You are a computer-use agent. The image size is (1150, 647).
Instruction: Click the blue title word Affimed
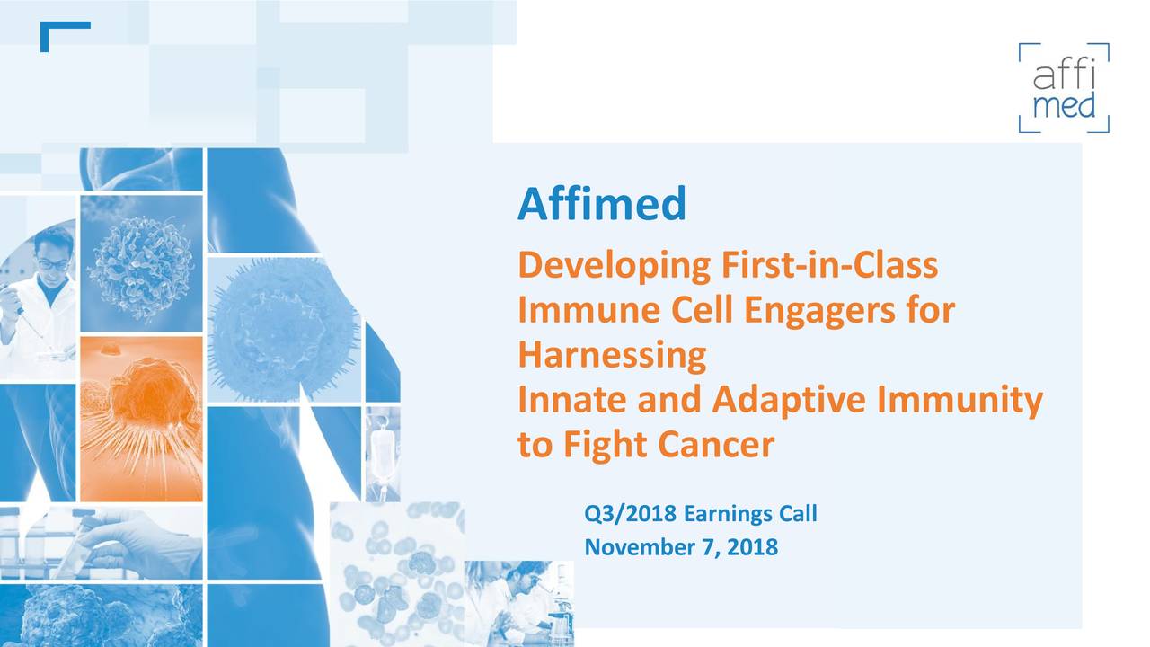(x=601, y=204)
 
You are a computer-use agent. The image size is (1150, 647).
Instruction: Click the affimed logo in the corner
(x=1064, y=88)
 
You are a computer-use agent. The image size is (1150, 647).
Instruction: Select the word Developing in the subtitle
(x=615, y=267)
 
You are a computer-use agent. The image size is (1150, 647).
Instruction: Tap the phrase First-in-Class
(x=828, y=266)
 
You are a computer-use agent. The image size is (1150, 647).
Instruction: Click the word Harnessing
(x=611, y=356)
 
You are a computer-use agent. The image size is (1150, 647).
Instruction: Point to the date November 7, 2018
(x=680, y=546)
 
